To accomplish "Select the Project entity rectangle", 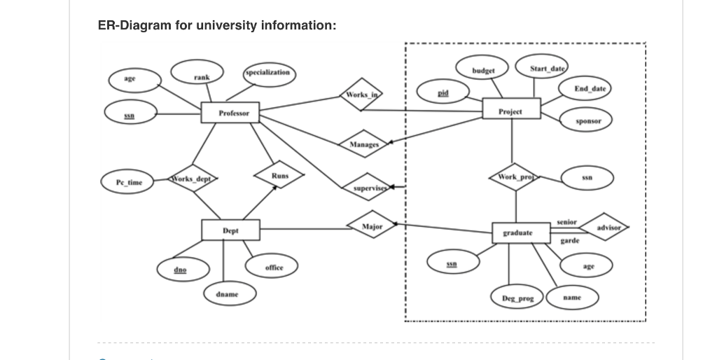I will coord(511,110).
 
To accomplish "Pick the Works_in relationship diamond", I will coord(363,94).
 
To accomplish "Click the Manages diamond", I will coord(363,144).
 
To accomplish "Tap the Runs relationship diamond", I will coord(279,175).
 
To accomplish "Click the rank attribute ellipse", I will coord(201,76).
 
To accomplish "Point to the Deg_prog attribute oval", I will coord(517,298).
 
